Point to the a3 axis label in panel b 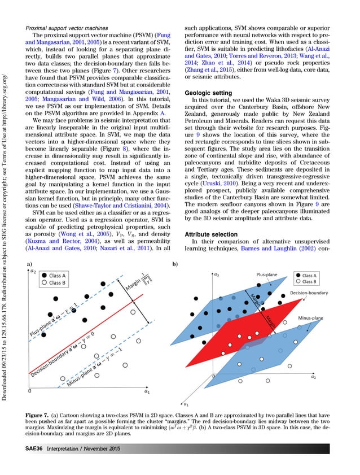217,274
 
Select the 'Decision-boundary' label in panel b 309,293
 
